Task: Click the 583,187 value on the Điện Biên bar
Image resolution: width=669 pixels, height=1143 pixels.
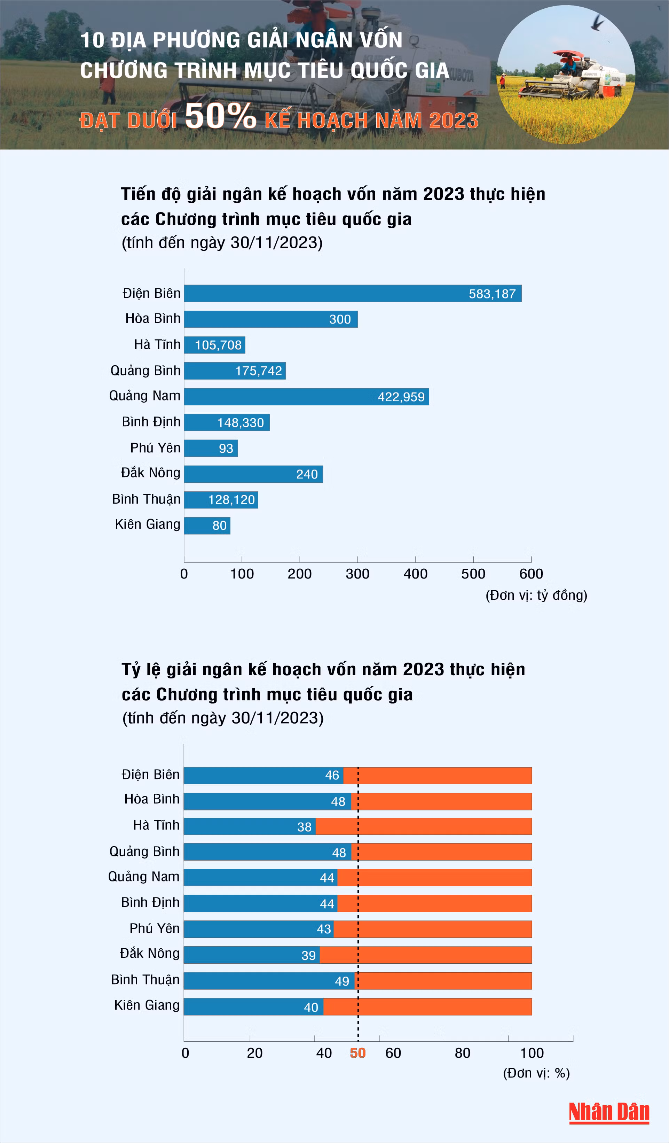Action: coord(492,294)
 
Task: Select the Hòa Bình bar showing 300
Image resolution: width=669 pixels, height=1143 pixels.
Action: coord(270,319)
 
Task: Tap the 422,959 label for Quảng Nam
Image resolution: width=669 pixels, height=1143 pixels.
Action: coord(401,397)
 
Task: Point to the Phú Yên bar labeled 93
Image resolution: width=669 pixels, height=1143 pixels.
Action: coord(211,448)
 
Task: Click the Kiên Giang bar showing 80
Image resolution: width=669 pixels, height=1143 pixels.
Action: coord(207,526)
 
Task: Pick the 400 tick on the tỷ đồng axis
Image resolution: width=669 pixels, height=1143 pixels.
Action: coord(415,574)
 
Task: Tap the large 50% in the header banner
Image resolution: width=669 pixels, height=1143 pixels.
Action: coord(220,116)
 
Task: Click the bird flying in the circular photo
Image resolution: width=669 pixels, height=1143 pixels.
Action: coord(597,22)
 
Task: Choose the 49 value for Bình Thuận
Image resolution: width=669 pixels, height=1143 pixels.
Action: coord(342,981)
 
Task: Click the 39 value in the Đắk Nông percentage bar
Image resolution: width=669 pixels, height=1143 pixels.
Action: coord(309,955)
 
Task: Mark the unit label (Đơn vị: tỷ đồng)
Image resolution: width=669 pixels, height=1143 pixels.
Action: coord(536,595)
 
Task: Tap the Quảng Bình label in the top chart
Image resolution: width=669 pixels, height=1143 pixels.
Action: coord(145,371)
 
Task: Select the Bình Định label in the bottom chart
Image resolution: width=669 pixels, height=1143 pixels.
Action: coord(150,903)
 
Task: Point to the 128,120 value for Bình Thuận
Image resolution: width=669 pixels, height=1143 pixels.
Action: coord(231,500)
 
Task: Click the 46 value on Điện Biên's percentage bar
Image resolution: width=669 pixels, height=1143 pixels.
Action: coord(332,775)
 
